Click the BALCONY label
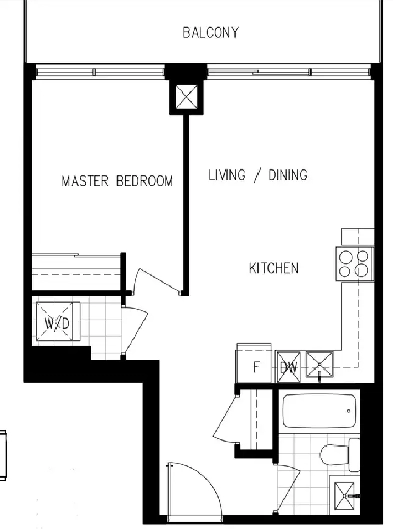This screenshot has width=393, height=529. tap(210, 33)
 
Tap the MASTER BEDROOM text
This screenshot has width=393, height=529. tap(117, 181)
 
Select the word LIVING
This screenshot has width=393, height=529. tap(227, 175)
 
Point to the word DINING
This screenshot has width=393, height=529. tap(288, 175)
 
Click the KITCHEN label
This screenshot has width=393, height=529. tap(274, 268)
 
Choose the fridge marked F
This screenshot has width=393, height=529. tap(254, 364)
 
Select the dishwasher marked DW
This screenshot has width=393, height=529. tap(288, 367)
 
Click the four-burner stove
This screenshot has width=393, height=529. tap(355, 264)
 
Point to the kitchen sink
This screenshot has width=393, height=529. tap(319, 364)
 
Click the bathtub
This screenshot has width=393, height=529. tap(319, 411)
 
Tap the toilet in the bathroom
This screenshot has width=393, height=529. tap(339, 454)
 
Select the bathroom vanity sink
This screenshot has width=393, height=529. tap(344, 496)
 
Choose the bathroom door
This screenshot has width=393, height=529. tap(287, 489)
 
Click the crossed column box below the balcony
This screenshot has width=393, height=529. tap(187, 96)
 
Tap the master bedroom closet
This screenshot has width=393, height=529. tap(76, 272)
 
